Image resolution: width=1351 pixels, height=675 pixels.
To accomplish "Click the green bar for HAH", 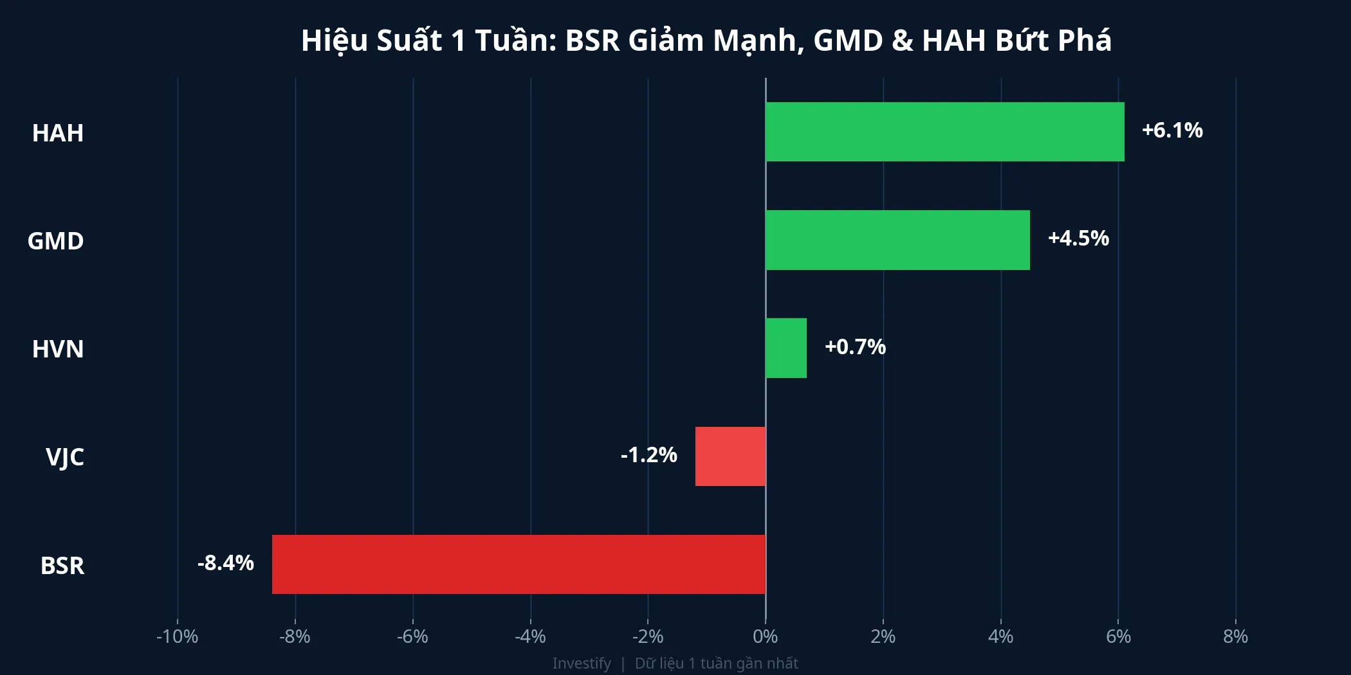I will pyautogui.click(x=944, y=132).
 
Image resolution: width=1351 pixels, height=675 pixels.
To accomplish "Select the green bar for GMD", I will pyautogui.click(x=897, y=240).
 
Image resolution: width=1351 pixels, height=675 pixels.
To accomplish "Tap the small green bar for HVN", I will pyautogui.click(x=786, y=348).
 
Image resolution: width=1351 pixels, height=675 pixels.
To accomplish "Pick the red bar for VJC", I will pyautogui.click(x=730, y=456).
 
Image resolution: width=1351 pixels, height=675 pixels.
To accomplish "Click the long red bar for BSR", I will pyautogui.click(x=519, y=564).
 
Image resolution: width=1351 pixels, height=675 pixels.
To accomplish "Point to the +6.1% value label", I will pyautogui.click(x=1172, y=130).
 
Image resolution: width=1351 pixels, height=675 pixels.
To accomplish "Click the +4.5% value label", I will pyautogui.click(x=1078, y=239).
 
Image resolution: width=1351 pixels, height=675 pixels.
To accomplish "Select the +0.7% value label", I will pyautogui.click(x=855, y=347).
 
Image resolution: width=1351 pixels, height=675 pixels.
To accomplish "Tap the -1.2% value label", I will pyautogui.click(x=648, y=455).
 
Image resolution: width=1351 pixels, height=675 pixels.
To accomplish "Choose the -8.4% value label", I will pyautogui.click(x=225, y=563).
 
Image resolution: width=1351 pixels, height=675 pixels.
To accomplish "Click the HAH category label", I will pyautogui.click(x=58, y=133).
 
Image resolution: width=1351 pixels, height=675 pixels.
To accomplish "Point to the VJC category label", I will pyautogui.click(x=64, y=457).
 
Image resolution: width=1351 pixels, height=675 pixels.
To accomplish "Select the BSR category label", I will pyautogui.click(x=62, y=566).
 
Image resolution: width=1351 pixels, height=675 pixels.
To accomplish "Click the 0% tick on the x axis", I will pyautogui.click(x=765, y=636).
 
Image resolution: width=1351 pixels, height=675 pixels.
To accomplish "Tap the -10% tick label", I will pyautogui.click(x=177, y=636).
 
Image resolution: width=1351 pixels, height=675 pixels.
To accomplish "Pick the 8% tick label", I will pyautogui.click(x=1235, y=636).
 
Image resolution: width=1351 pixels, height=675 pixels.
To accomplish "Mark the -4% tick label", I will pyautogui.click(x=530, y=636).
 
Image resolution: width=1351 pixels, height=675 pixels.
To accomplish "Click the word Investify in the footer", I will pyautogui.click(x=582, y=663).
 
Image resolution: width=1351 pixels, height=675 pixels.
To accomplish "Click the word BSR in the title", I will pyautogui.click(x=592, y=40).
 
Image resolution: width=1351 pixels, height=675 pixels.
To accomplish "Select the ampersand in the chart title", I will pyautogui.click(x=902, y=40).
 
